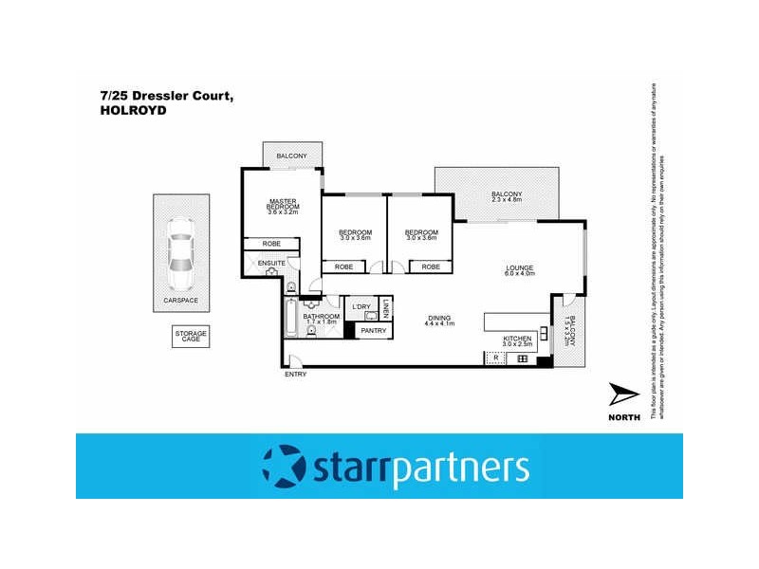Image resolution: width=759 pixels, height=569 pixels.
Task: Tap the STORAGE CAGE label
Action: pos(189,337)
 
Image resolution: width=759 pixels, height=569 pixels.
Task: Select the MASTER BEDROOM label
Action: pos(283,204)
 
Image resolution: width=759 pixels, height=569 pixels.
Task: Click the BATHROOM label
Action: pos(321,316)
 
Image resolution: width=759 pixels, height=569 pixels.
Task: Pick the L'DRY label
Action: pos(361,306)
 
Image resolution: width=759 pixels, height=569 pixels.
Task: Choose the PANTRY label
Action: pos(373,330)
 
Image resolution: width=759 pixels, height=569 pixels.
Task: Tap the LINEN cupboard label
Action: pos(387,308)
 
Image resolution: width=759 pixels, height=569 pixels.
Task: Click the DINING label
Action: pos(439,318)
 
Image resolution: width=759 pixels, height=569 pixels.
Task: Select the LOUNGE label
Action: pos(521,268)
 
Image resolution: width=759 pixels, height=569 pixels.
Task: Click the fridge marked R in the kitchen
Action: pos(496,358)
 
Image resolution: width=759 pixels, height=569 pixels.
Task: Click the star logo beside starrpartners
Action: pos(284,467)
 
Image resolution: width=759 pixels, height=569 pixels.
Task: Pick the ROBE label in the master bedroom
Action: pos(270,244)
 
